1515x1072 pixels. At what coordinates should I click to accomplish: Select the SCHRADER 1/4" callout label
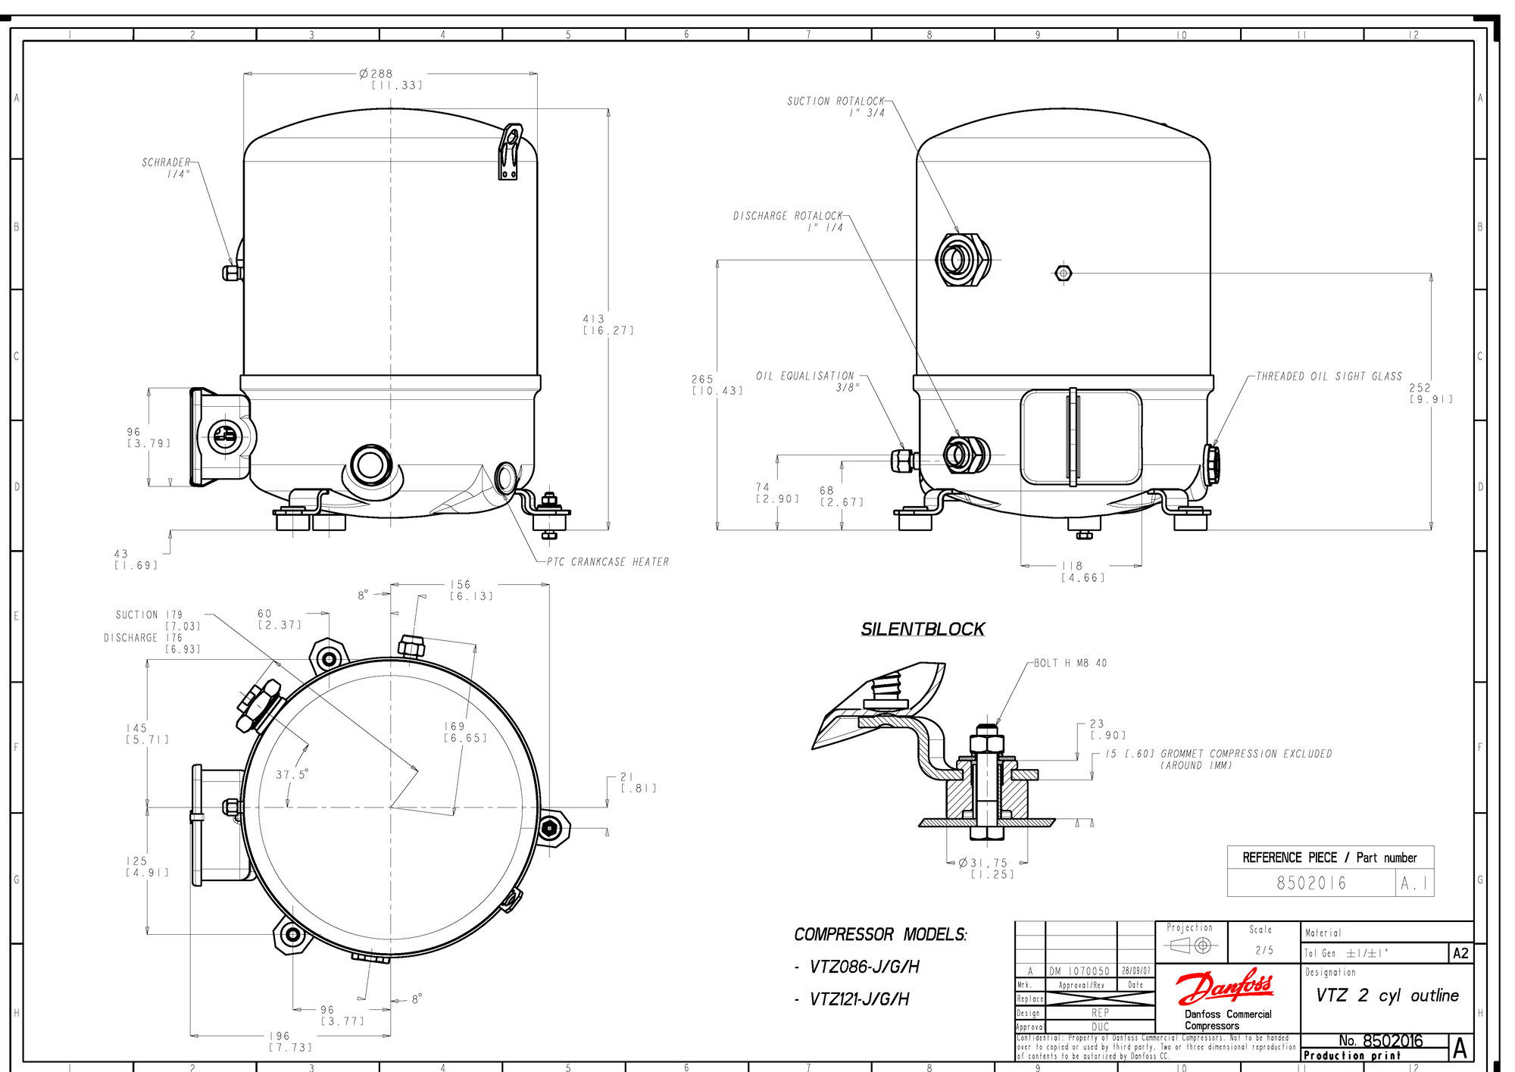point(166,167)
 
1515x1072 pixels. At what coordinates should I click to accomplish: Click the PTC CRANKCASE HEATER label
point(608,561)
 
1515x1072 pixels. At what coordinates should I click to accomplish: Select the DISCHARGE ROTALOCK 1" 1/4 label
point(788,221)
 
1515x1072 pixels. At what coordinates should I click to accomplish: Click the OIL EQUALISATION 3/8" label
point(806,381)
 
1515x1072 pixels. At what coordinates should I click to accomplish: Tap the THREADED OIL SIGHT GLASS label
point(1329,376)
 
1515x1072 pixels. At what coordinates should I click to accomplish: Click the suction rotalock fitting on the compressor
point(961,260)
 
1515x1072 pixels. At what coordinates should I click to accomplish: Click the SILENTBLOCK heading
point(923,629)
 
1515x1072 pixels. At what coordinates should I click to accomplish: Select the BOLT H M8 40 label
point(1070,663)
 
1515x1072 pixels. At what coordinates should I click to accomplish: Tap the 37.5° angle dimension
point(292,774)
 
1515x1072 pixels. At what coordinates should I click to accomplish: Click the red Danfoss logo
point(1225,987)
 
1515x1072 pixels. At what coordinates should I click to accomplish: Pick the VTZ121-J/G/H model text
point(859,999)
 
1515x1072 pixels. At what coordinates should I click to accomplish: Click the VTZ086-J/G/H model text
point(864,967)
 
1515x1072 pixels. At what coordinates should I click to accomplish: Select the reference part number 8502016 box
point(1311,883)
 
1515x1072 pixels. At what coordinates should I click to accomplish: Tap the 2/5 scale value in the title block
point(1264,950)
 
